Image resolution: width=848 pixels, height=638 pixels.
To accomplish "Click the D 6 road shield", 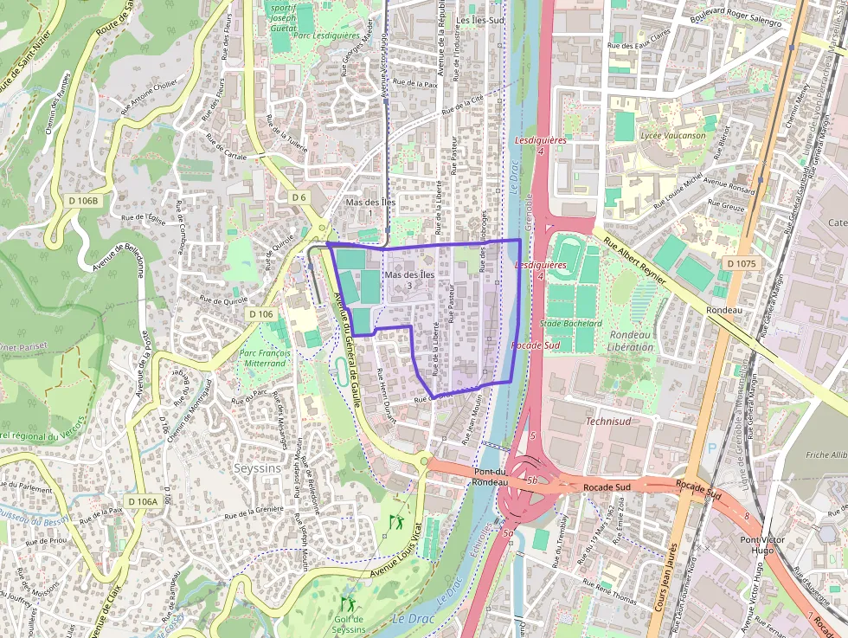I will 299,197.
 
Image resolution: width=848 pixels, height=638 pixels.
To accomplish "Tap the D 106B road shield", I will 84,201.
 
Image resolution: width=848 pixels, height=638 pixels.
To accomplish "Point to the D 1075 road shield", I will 741,263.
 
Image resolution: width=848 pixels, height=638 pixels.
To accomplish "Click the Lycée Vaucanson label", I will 672,136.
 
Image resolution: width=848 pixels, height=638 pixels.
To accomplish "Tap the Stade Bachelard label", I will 570,323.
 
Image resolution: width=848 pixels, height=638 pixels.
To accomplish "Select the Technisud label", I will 608,422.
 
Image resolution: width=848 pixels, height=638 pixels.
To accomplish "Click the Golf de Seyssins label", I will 349,623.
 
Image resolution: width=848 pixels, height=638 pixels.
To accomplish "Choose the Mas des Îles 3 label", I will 409,279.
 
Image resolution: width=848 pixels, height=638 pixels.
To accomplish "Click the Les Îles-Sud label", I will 479,19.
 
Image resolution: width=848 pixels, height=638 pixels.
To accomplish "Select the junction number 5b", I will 532,480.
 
